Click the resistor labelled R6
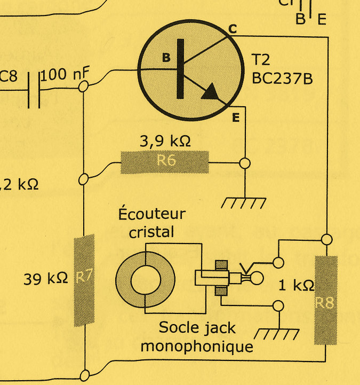[x=165, y=162]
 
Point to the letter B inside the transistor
[x=166, y=57]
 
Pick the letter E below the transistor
[x=235, y=118]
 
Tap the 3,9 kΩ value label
[x=165, y=142]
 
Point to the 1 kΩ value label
[x=297, y=285]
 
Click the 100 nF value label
[x=65, y=75]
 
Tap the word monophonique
[x=196, y=346]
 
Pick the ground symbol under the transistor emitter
[x=244, y=203]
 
